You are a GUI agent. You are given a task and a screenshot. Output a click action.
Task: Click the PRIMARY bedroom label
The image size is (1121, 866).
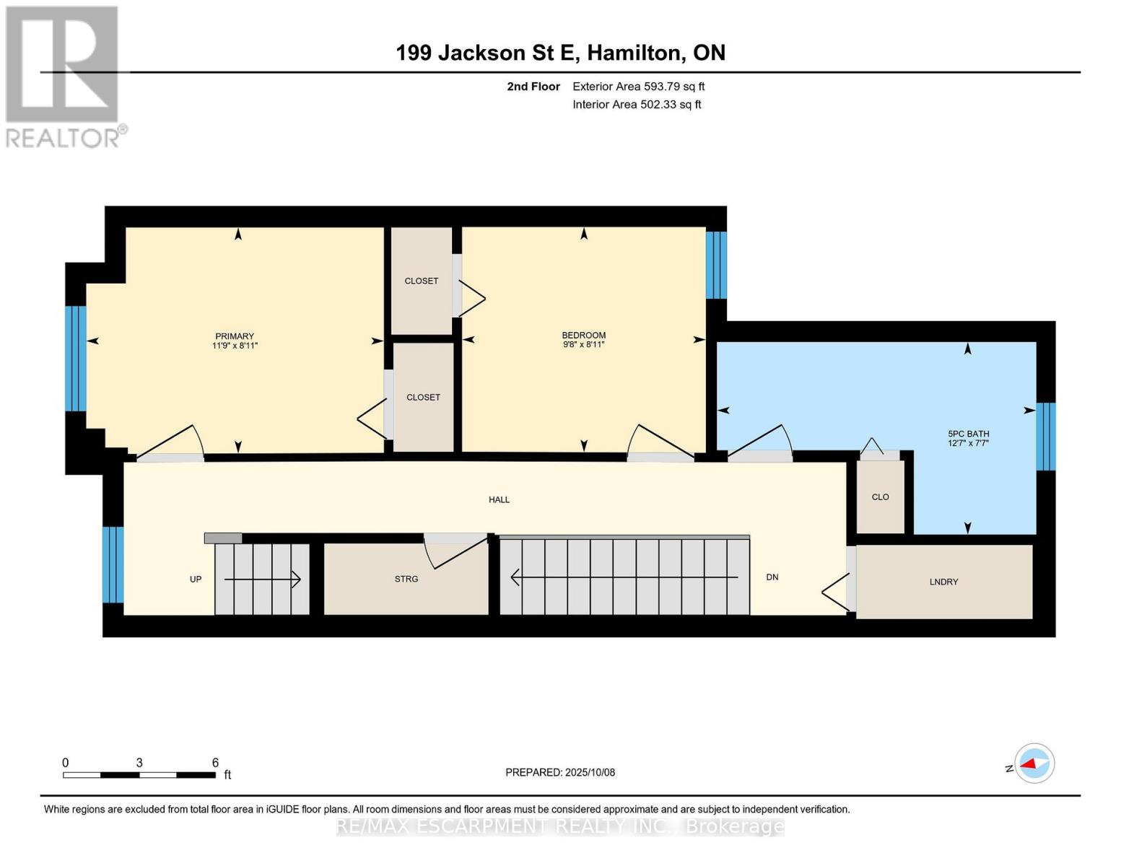[x=235, y=336]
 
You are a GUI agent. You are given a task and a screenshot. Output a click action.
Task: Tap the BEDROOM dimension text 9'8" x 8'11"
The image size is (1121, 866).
[x=583, y=345]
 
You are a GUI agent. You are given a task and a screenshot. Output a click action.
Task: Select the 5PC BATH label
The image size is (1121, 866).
[x=968, y=434]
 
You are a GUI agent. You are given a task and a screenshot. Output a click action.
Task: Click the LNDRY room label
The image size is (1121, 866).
[x=943, y=582]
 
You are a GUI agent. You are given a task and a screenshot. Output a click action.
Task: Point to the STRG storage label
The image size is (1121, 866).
[x=406, y=579]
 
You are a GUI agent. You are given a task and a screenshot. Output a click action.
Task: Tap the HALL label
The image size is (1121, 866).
[x=499, y=499]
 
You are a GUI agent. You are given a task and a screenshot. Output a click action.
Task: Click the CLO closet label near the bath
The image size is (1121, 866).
[x=880, y=497]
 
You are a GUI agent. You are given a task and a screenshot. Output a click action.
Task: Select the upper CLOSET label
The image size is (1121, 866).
[x=422, y=281]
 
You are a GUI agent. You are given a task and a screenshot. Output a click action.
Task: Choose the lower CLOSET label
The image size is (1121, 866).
[x=423, y=397]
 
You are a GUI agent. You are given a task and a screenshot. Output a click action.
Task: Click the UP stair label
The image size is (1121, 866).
[x=196, y=579]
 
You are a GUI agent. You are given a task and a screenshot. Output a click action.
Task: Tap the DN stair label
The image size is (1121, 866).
[x=772, y=577]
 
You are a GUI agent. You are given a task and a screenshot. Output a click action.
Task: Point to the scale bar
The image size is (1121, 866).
[x=139, y=775]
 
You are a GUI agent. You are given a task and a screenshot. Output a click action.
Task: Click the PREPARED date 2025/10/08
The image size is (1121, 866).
[x=560, y=772]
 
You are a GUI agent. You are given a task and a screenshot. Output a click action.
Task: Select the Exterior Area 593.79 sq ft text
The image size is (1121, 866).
[x=638, y=87]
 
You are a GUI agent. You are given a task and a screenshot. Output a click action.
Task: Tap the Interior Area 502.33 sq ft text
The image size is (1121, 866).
[x=637, y=105]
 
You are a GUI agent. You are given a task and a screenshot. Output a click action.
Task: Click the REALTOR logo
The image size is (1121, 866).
[x=64, y=76]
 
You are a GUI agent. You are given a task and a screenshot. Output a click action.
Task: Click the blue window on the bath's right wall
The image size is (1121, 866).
[x=1046, y=437]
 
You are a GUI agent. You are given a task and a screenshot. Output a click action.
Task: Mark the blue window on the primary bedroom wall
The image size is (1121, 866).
[x=75, y=359]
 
